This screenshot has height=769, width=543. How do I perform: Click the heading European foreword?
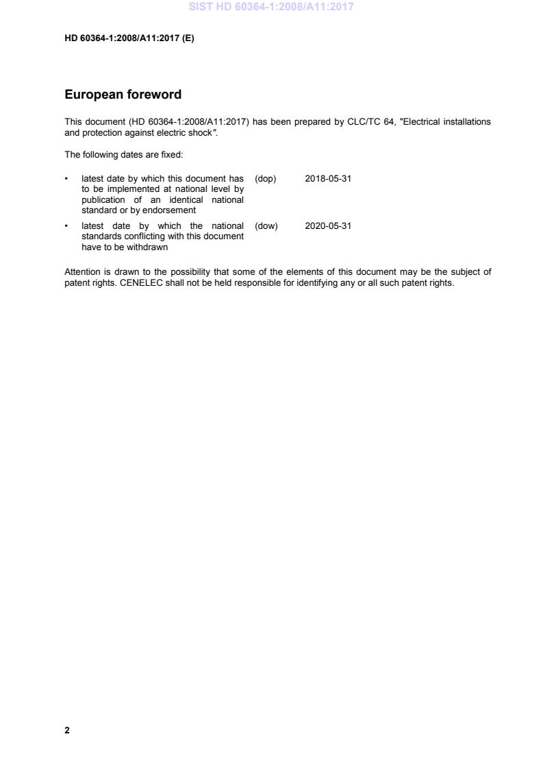pyautogui.click(x=123, y=95)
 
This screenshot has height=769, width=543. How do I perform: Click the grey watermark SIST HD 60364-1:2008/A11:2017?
pyautogui.click(x=272, y=8)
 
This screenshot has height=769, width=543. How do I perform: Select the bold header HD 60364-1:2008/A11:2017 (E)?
pyautogui.click(x=129, y=38)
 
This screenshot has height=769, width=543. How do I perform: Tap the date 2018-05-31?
pyautogui.click(x=328, y=179)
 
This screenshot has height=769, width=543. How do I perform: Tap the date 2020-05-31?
pyautogui.click(x=328, y=225)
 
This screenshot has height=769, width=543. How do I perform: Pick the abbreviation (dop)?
pyautogui.click(x=265, y=179)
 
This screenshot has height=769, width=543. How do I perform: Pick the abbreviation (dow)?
pyautogui.click(x=266, y=225)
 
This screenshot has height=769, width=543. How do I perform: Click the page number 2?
pyautogui.click(x=67, y=730)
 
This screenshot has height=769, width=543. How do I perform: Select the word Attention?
pyautogui.click(x=83, y=271)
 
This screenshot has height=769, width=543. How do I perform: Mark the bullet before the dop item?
pyautogui.click(x=66, y=179)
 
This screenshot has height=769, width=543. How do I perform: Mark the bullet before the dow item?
pyautogui.click(x=66, y=225)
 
